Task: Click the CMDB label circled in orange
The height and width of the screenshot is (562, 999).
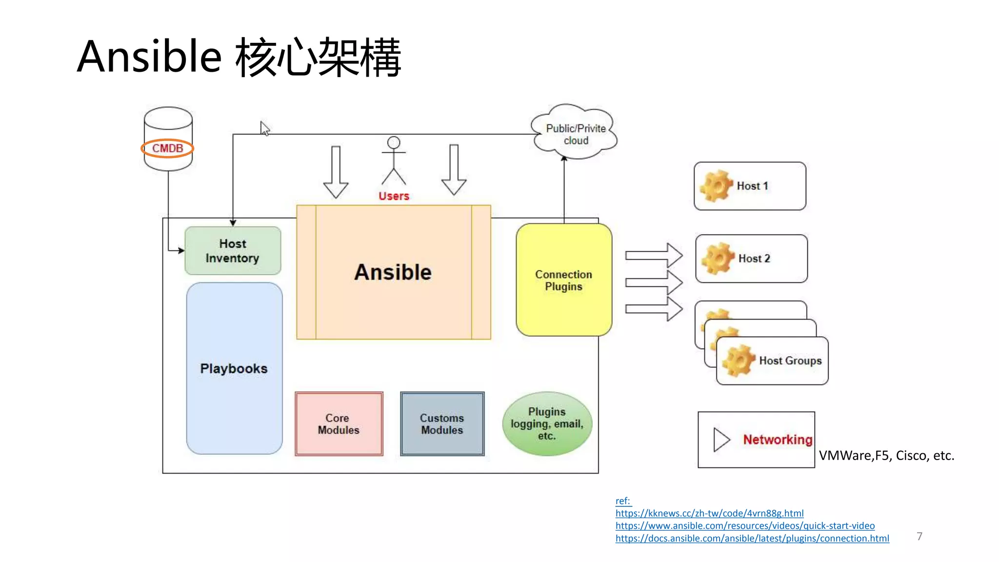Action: tap(167, 148)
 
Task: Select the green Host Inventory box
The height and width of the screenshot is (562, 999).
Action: tap(233, 251)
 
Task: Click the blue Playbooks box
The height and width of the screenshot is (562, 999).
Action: tap(234, 368)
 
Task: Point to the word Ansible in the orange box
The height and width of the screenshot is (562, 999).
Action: tap(393, 272)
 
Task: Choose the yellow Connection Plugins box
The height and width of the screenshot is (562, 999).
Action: tap(563, 280)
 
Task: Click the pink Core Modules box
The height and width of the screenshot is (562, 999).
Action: tap(339, 424)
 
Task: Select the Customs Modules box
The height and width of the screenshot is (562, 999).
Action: tap(442, 424)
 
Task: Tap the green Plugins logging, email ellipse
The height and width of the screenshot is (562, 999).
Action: tap(547, 424)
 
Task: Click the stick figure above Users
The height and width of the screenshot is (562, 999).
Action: tap(394, 161)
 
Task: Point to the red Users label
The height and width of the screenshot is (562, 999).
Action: tap(394, 196)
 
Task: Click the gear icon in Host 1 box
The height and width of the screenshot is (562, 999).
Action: tap(716, 186)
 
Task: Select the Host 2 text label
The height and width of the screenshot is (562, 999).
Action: tap(754, 259)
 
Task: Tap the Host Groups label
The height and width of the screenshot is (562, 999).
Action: tap(790, 361)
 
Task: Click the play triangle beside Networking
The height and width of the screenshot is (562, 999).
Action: tap(721, 440)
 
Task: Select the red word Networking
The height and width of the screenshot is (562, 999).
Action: tap(778, 440)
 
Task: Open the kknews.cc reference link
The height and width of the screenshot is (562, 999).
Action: tap(709, 513)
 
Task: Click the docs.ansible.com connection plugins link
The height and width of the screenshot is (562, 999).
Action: tap(752, 539)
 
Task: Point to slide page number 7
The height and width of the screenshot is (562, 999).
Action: tap(919, 536)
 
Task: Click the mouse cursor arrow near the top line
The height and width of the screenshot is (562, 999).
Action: tap(264, 128)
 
